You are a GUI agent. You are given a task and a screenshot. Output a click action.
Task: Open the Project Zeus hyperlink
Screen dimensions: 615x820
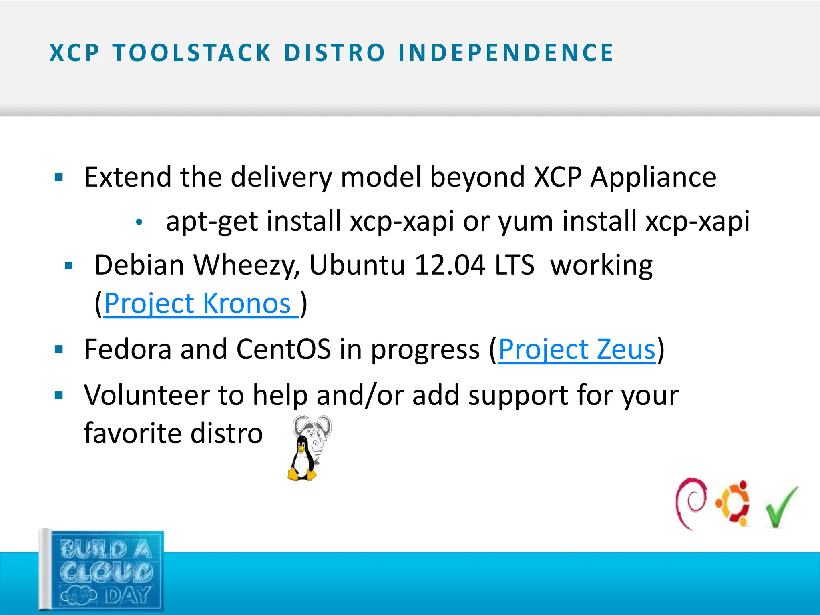tap(577, 350)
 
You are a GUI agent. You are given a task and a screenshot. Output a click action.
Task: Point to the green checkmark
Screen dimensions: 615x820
tap(781, 506)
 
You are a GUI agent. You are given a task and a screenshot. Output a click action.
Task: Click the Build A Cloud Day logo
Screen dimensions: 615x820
tap(102, 571)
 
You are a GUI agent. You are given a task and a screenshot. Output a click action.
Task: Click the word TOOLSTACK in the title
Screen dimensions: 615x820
tap(192, 53)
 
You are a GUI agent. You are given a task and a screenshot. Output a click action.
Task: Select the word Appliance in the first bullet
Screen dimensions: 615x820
tap(653, 177)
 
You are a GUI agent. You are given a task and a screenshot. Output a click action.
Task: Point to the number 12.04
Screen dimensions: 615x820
tap(450, 265)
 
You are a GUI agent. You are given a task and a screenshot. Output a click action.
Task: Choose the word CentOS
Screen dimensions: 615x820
tap(283, 350)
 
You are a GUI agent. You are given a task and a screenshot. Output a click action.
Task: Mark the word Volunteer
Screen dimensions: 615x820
tap(147, 395)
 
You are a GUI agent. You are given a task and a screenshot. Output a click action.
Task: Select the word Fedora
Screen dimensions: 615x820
tap(128, 350)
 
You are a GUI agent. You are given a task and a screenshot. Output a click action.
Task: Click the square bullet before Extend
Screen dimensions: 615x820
tap(59, 177)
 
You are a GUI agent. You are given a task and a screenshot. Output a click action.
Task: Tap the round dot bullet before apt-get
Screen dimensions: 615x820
tap(139, 223)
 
